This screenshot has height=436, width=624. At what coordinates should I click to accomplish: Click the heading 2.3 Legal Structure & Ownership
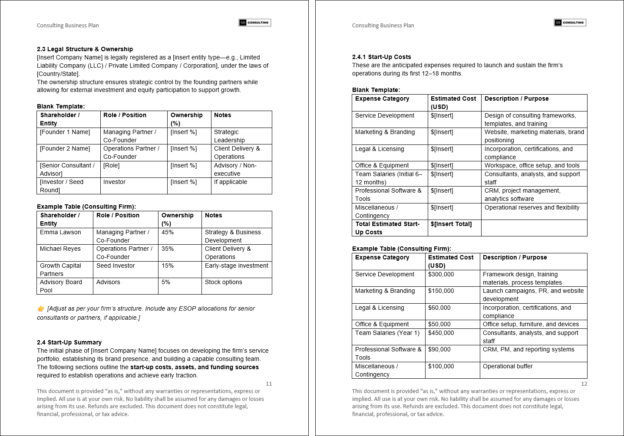(x=85, y=49)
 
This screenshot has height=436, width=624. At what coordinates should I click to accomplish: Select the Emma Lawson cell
(x=60, y=232)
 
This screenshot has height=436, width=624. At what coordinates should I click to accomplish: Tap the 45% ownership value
(x=168, y=232)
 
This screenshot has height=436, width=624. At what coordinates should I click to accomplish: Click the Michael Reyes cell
(x=60, y=249)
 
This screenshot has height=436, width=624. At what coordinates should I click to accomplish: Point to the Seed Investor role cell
(x=116, y=266)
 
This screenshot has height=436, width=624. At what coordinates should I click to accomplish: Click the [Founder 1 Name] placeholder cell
(x=65, y=132)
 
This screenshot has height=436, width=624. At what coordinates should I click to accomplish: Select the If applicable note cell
(x=230, y=182)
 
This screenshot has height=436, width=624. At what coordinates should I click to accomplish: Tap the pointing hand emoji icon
(x=41, y=309)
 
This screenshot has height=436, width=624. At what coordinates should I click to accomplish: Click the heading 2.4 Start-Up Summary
(x=69, y=342)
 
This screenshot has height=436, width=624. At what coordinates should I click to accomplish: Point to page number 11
(x=269, y=384)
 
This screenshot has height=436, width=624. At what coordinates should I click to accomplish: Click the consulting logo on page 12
(x=570, y=23)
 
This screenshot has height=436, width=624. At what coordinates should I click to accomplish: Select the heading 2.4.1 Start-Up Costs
(x=381, y=57)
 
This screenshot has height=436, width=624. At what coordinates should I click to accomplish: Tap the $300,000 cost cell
(x=441, y=274)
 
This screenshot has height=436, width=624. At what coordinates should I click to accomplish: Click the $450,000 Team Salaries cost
(x=441, y=333)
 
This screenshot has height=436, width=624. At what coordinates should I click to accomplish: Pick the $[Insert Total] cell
(x=451, y=224)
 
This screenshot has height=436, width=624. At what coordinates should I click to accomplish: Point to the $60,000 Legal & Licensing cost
(x=439, y=308)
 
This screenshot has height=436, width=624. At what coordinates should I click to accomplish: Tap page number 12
(x=584, y=384)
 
